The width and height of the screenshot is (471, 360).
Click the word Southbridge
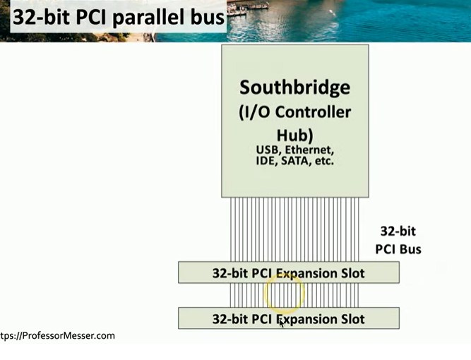point(294,88)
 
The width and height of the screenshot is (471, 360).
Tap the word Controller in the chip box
point(313,112)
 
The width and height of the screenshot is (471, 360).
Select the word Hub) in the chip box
point(294,136)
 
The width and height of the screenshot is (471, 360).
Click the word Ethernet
point(309,150)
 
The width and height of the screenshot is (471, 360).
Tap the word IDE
point(266,161)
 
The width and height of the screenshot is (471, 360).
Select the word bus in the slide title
point(208,18)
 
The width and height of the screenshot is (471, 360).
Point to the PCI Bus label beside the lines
point(398,249)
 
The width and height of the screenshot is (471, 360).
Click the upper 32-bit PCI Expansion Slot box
point(289,272)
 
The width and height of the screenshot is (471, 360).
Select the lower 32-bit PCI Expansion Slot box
point(289,318)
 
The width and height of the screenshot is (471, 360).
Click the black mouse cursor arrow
point(282,323)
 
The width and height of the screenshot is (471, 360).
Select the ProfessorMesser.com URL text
point(57,336)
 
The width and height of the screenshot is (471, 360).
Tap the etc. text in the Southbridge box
point(324,161)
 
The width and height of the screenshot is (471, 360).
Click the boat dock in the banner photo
point(247,8)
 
